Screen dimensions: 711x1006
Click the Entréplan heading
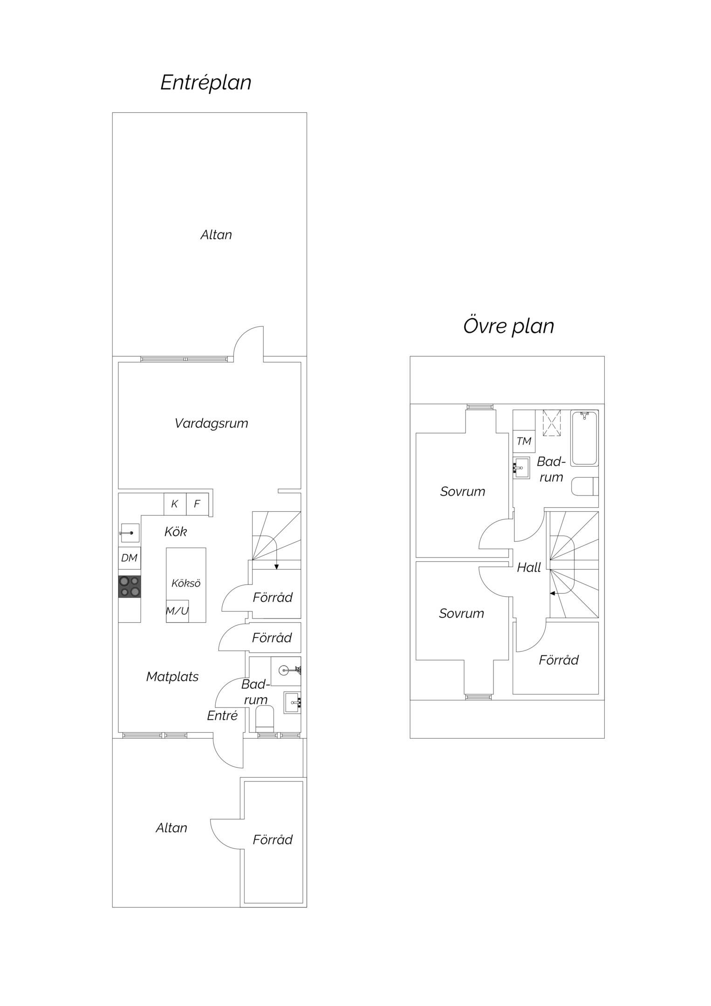206,83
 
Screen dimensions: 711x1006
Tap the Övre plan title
508,326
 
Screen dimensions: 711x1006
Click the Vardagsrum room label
211,423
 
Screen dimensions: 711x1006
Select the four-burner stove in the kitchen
129,586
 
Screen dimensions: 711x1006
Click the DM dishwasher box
129,558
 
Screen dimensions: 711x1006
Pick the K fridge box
175,504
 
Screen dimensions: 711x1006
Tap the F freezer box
197,504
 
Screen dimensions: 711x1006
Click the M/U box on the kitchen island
178,611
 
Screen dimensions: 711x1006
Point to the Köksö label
186,583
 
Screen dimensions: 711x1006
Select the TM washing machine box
524,441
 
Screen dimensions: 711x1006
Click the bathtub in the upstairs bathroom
584,438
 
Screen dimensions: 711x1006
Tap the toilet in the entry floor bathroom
265,719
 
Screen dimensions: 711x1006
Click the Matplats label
172,677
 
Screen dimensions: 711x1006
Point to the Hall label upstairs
529,567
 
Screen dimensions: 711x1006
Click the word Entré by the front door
222,715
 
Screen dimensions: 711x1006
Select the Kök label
176,531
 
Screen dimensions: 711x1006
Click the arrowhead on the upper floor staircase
553,593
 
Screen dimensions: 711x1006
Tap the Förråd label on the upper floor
559,660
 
